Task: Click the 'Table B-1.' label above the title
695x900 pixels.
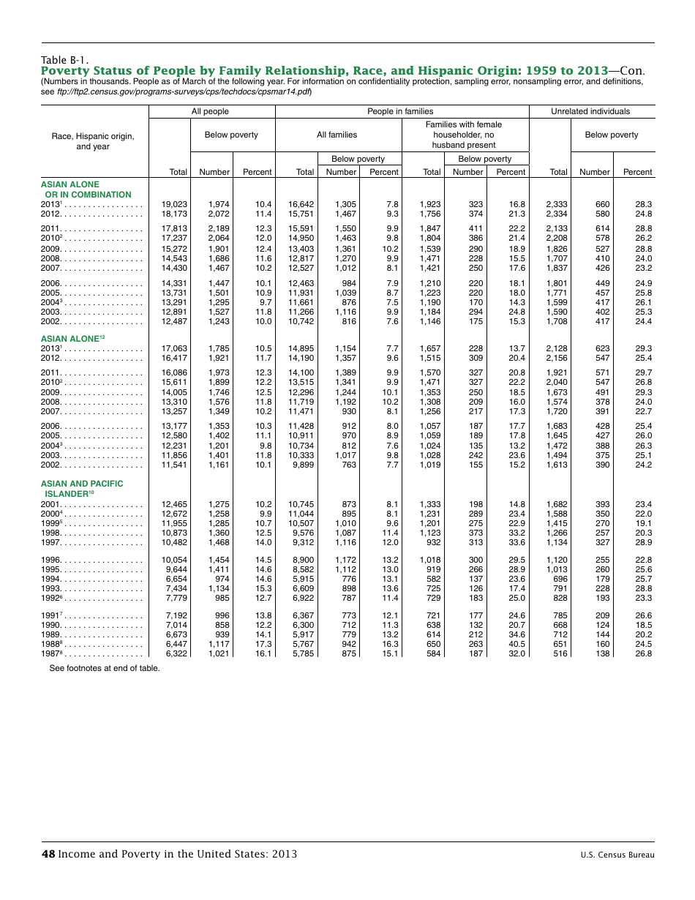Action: click(x=65, y=60)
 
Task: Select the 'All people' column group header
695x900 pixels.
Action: click(x=210, y=111)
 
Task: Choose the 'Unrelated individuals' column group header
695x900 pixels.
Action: click(x=590, y=111)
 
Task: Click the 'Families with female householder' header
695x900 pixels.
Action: click(x=464, y=135)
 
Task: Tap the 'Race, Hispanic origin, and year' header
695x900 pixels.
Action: click(x=93, y=141)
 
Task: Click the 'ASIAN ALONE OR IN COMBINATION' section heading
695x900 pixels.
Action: click(x=86, y=190)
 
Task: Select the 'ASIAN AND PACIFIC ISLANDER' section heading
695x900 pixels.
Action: click(x=82, y=489)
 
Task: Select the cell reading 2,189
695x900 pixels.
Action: click(x=218, y=228)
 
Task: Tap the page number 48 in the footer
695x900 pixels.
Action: click(x=48, y=854)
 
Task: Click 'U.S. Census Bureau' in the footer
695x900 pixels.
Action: click(x=617, y=855)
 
